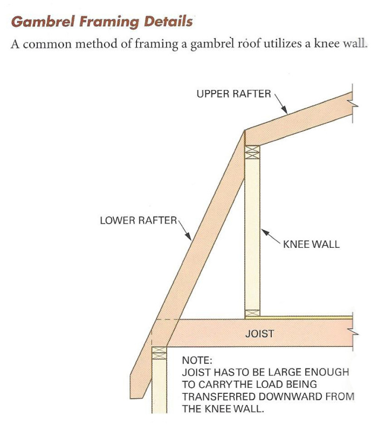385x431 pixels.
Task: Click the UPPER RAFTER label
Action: coord(233,94)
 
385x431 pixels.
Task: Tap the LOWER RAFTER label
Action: coord(138,220)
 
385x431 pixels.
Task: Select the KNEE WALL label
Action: coord(311,244)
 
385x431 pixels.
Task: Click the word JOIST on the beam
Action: coord(259,333)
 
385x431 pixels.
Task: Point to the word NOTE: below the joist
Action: coord(198,360)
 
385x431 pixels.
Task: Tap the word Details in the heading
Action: coord(168,23)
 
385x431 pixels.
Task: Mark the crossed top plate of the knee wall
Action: coord(252,151)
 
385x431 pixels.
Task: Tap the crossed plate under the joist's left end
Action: coord(159,353)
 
